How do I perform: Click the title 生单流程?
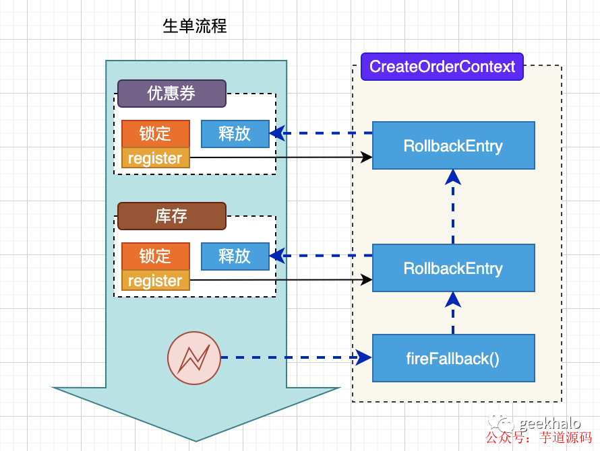tap(195, 27)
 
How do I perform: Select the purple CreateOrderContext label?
tap(442, 67)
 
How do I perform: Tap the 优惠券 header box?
tap(171, 94)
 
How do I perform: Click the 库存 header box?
tap(171, 216)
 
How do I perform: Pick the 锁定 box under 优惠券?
tap(156, 133)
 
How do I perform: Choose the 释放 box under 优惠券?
tap(235, 133)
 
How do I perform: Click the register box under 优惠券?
tap(156, 159)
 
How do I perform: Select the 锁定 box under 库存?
tap(156, 256)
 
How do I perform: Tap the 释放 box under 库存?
tap(235, 256)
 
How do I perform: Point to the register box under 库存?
tap(156, 281)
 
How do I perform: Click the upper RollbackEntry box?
tap(453, 145)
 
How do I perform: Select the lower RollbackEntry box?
tap(453, 268)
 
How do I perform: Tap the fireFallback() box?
tap(453, 358)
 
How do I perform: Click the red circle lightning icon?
tap(193, 358)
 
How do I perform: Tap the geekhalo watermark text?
tap(551, 423)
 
